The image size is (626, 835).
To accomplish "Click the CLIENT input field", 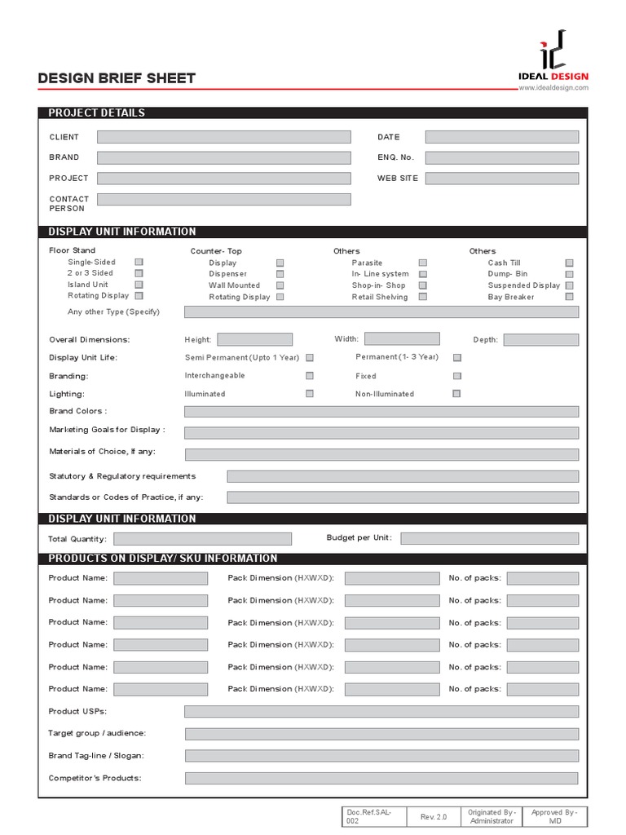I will pyautogui.click(x=224, y=137).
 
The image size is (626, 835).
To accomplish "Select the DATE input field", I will pyautogui.click(x=502, y=137).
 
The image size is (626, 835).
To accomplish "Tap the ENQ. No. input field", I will pyautogui.click(x=502, y=157).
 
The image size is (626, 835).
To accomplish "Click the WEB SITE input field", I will pyautogui.click(x=502, y=178).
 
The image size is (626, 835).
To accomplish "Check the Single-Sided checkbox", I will pyautogui.click(x=139, y=262).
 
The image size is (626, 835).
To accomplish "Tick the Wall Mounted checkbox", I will pyautogui.click(x=280, y=285).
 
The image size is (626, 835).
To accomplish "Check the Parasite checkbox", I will pyautogui.click(x=422, y=263).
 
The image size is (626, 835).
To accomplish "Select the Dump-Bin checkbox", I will pyautogui.click(x=569, y=274).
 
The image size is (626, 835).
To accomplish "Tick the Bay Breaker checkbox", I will pyautogui.click(x=569, y=297).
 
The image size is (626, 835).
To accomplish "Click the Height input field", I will pyautogui.click(x=254, y=339).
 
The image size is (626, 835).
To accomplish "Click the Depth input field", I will pyautogui.click(x=541, y=339).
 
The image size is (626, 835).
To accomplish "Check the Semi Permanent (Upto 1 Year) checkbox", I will pyautogui.click(x=310, y=357).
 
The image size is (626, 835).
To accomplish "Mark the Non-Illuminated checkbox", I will pyautogui.click(x=456, y=393).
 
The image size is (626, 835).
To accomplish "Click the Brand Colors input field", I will pyautogui.click(x=381, y=412).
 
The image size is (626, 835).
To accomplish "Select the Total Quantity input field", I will pyautogui.click(x=202, y=539).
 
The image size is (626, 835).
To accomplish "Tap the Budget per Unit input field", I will pyautogui.click(x=490, y=538).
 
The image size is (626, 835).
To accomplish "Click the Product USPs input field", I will pyautogui.click(x=381, y=711).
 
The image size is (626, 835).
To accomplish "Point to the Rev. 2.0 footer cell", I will pyautogui.click(x=434, y=816).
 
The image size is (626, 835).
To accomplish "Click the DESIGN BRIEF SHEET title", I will pyautogui.click(x=117, y=78).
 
